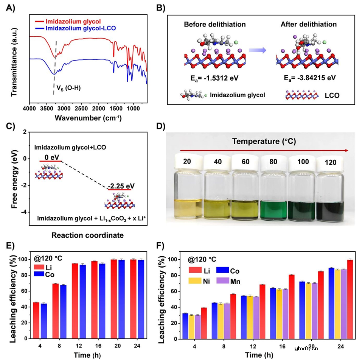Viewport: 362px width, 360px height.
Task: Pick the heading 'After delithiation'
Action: (309, 24)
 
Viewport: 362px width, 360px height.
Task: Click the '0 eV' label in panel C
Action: (51, 156)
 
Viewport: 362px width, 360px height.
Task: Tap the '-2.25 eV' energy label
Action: (121, 186)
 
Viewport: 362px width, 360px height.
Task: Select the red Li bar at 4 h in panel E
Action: (36, 320)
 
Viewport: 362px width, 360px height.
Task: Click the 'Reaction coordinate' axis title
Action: (88, 235)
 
